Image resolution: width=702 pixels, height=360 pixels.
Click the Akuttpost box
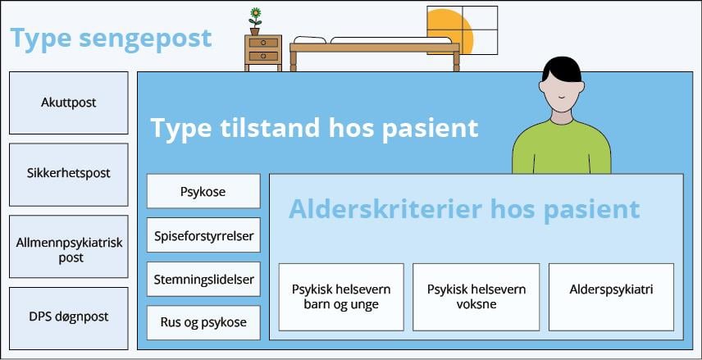tap(69, 103)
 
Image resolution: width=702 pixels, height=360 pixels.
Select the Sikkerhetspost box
tap(69, 174)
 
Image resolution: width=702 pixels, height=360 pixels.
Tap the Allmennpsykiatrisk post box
tap(69, 247)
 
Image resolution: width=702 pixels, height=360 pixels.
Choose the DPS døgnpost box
tap(69, 317)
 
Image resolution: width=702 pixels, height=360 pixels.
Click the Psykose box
tap(203, 192)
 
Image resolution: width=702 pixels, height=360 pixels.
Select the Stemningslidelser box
tap(203, 279)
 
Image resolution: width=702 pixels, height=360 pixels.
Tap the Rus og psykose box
tap(203, 322)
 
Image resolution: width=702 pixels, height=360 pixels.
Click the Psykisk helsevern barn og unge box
tap(341, 296)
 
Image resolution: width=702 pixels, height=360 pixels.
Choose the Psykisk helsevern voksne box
tap(476, 296)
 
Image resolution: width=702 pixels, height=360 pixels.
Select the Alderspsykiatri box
tap(611, 289)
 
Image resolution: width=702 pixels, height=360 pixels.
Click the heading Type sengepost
tap(111, 39)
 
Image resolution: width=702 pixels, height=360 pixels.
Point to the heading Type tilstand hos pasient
tap(314, 129)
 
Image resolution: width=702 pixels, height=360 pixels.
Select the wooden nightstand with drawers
tap(262, 51)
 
